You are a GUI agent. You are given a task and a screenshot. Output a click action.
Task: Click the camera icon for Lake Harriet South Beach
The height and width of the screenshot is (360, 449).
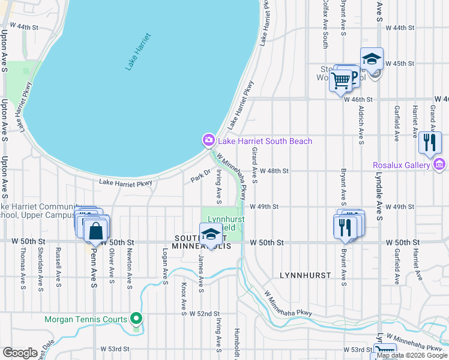[209, 140]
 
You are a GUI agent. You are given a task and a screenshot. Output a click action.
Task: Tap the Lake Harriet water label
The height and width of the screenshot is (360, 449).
[138, 52]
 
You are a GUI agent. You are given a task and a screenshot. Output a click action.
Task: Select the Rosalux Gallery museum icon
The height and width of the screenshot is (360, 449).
[439, 164]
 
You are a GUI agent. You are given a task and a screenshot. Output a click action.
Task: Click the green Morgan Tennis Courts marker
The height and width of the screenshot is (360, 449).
[137, 319]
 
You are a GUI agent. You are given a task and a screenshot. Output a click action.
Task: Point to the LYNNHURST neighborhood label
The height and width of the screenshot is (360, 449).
[306, 275]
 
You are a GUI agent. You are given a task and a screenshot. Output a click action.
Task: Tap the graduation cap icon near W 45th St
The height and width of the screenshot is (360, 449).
[372, 59]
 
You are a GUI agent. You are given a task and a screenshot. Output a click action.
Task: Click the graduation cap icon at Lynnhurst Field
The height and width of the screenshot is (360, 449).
[211, 233]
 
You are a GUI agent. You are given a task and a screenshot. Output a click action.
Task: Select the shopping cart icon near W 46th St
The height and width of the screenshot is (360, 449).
[341, 79]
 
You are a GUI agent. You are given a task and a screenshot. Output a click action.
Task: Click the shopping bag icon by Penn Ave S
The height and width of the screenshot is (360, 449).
[96, 229]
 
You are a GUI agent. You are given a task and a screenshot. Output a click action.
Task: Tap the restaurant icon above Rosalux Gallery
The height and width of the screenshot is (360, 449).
[430, 142]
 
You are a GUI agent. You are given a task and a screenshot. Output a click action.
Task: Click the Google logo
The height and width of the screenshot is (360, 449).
[20, 352]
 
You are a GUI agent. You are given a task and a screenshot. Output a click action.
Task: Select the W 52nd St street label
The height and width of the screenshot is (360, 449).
[205, 314]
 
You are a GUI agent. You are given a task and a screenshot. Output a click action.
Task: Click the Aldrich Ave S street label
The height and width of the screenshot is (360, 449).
[361, 127]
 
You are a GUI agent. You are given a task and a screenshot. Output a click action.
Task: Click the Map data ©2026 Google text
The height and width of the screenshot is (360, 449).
[412, 355]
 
